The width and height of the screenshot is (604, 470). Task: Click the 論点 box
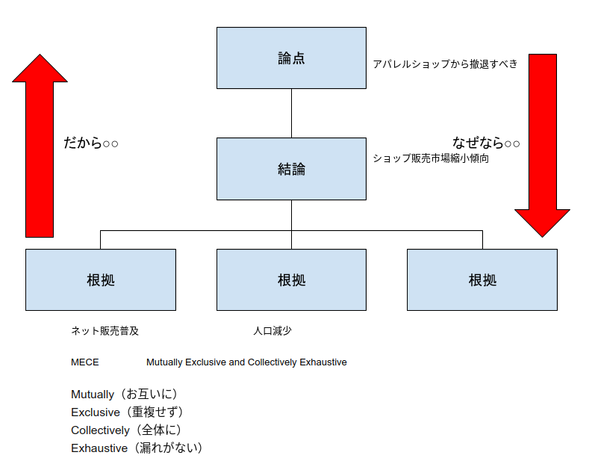click(291, 58)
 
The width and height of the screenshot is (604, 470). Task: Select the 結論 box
click(291, 169)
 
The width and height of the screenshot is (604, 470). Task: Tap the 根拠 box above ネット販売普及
click(101, 280)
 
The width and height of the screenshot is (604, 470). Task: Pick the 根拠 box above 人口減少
click(291, 280)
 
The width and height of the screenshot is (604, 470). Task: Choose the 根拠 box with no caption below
click(482, 280)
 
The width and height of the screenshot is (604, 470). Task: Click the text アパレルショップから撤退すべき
click(445, 64)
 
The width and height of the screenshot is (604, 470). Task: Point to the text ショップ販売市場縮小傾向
click(431, 158)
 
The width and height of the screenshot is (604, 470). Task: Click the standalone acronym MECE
click(85, 362)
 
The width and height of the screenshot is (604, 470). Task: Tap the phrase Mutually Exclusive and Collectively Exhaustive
click(246, 362)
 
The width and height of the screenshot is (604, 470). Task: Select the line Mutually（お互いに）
click(124, 394)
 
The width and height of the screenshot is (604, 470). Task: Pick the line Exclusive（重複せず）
click(127, 412)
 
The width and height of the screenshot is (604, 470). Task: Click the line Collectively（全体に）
click(126, 430)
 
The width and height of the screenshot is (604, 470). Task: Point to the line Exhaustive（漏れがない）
click(137, 448)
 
